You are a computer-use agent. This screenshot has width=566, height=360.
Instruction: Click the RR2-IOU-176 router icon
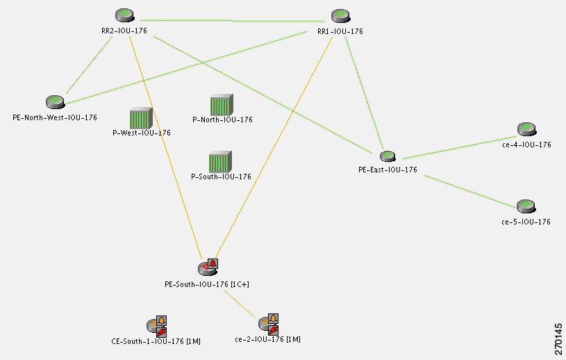click(x=124, y=15)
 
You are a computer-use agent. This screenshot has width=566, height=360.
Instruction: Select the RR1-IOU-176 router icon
click(x=340, y=15)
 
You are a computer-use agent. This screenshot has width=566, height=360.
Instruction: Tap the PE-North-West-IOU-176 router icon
click(x=56, y=102)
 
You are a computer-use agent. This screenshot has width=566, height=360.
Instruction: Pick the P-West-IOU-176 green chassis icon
click(x=141, y=118)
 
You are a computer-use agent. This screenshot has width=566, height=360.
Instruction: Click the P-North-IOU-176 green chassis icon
click(x=222, y=105)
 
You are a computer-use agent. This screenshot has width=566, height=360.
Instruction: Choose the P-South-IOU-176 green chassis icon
click(x=220, y=162)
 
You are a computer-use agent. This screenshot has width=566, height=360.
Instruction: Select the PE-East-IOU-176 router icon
click(x=388, y=156)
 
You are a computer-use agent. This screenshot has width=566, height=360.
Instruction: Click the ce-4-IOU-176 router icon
click(x=526, y=129)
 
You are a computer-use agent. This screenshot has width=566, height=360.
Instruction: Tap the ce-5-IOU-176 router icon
click(x=526, y=206)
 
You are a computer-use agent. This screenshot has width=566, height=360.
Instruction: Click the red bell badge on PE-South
click(x=213, y=263)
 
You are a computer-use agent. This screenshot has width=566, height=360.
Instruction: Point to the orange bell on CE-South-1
click(x=161, y=320)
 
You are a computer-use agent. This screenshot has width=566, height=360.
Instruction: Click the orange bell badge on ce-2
click(x=273, y=318)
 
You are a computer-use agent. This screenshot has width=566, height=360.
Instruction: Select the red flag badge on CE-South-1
click(x=161, y=332)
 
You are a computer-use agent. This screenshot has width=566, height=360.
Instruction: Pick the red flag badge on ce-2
click(x=273, y=329)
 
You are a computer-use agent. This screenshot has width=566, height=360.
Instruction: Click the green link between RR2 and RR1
click(x=232, y=21)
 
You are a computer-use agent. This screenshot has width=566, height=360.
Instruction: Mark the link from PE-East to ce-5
click(x=470, y=192)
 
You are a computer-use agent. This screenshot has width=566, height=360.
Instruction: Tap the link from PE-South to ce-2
click(x=240, y=304)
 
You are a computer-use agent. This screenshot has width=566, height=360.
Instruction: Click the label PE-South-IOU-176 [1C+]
click(x=207, y=284)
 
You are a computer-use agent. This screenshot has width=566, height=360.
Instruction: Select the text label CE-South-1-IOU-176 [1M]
click(x=156, y=341)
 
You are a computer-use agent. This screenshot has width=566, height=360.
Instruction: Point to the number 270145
click(x=558, y=339)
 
